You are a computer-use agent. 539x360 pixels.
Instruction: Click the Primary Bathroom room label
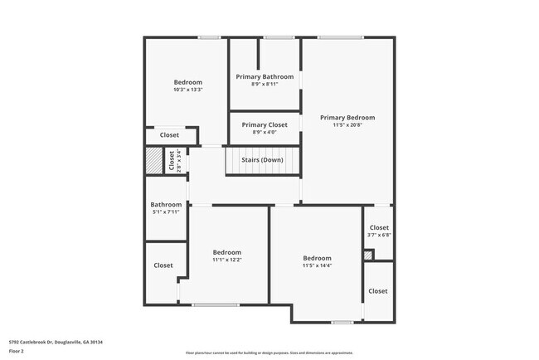(265, 76)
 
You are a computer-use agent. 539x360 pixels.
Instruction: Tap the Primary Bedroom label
(347, 118)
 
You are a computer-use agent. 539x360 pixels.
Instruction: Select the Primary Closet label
(265, 125)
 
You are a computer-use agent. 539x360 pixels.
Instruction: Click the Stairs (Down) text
(262, 159)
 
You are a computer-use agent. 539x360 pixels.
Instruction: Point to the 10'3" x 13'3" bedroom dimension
(187, 90)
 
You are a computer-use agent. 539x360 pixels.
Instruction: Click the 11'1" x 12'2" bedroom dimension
(226, 260)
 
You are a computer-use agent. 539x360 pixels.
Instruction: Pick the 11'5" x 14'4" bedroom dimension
(317, 265)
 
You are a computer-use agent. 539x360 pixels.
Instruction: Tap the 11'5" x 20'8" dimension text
(347, 125)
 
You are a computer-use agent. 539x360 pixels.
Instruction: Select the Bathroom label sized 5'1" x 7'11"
(166, 205)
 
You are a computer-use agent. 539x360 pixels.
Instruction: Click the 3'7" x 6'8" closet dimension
(379, 235)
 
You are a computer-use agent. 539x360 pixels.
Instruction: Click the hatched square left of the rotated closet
(154, 159)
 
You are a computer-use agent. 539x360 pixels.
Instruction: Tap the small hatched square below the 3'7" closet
(368, 255)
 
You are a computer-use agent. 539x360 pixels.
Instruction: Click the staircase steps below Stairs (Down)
(262, 169)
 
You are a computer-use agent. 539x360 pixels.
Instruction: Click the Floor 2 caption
(17, 350)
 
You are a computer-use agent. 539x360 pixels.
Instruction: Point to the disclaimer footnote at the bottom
(269, 353)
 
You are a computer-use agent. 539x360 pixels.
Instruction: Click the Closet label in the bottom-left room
(163, 265)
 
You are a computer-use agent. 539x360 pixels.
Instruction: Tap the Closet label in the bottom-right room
(378, 291)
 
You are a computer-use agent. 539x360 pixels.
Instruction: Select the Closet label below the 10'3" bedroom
(169, 135)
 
